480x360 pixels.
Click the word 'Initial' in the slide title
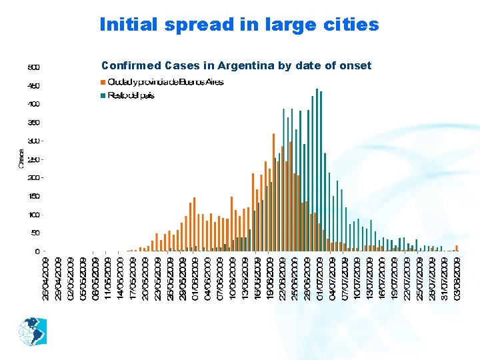coord(130,25)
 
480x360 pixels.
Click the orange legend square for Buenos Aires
coord(103,83)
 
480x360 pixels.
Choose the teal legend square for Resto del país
coord(103,95)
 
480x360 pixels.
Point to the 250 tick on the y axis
coord(33,159)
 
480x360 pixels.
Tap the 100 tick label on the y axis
coord(33,215)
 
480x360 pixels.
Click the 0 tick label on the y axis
coord(37,251)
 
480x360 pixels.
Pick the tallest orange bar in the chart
coord(274,193)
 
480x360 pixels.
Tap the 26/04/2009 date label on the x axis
coord(45,278)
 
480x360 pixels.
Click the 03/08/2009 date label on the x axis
coord(457,278)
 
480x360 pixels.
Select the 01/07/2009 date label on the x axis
coord(319,278)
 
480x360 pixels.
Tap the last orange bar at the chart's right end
coord(457,248)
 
